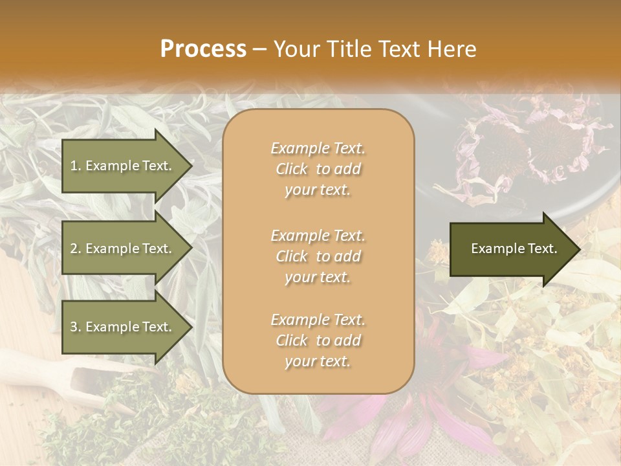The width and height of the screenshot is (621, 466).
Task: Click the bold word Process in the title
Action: click(203, 49)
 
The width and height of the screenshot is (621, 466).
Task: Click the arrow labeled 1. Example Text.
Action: click(123, 166)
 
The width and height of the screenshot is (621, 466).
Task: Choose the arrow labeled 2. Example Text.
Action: click(123, 249)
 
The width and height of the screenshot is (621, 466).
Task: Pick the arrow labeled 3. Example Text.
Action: click(123, 327)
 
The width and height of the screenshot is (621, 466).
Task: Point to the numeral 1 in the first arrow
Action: click(73, 166)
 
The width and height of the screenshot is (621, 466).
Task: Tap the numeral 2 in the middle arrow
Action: click(73, 249)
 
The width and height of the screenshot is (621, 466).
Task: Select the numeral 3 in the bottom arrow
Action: click(73, 327)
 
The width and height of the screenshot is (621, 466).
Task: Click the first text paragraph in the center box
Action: click(318, 169)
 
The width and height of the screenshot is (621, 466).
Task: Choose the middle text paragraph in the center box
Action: click(318, 256)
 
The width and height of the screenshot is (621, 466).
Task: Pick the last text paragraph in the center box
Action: click(318, 340)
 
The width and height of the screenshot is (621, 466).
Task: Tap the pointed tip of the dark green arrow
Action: click(579, 249)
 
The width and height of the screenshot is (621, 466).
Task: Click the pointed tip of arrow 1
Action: click(191, 166)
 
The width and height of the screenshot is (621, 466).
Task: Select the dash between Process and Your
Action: click(260, 50)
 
